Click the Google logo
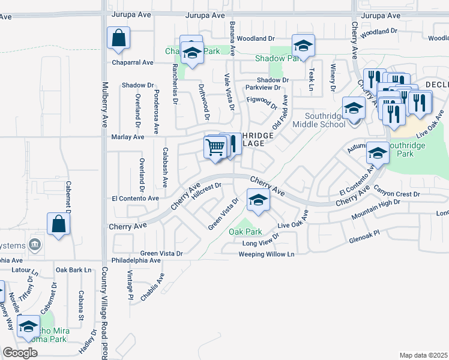[20, 352]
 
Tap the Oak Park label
[246, 232]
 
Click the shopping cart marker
[215, 146]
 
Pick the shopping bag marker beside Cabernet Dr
[59, 224]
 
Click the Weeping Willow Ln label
[267, 254]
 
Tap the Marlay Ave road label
[128, 137]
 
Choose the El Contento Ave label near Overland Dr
[135, 198]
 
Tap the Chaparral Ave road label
[132, 62]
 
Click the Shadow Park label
[277, 59]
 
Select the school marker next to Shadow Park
[303, 46]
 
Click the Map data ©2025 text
[423, 355]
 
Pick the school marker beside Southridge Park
[378, 152]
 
